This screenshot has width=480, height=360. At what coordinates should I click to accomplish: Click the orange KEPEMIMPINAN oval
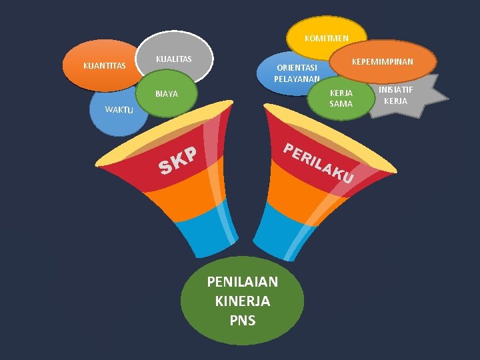click(383, 61)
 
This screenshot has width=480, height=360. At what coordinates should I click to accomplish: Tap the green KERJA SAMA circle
click(341, 99)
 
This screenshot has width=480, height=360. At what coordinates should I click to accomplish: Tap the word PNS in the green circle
click(243, 321)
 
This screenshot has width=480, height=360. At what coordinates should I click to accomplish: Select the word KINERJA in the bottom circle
click(243, 301)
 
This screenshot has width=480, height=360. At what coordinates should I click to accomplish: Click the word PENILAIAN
click(243, 282)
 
